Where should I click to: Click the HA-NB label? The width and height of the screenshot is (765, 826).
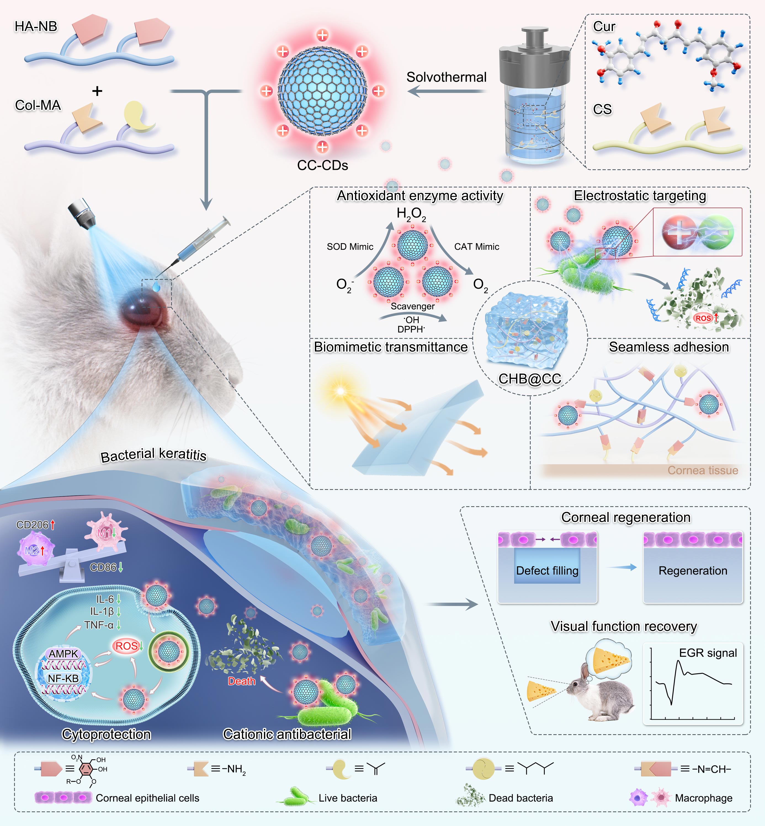coord(36,26)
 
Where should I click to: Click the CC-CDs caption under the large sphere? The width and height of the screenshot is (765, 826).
coord(322,165)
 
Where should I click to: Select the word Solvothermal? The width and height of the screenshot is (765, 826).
coord(446,77)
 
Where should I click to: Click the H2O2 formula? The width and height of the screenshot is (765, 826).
coord(411,214)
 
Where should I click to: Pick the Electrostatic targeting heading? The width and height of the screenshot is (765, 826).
coord(640,196)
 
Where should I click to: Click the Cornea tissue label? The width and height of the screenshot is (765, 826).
coord(703,470)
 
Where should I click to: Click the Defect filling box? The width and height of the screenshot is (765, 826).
coord(547,571)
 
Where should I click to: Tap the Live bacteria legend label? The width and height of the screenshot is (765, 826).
coord(348,798)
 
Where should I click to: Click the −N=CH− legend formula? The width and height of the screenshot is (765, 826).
coord(711,769)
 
